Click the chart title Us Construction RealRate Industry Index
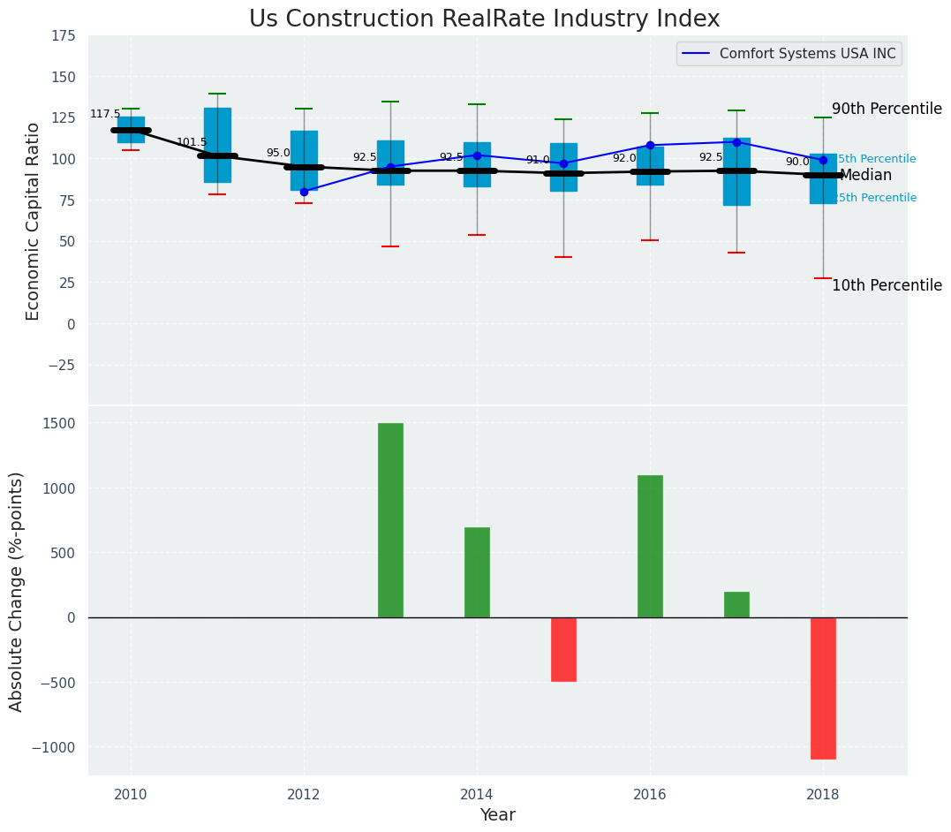[x=484, y=19]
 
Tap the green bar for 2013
[x=390, y=520]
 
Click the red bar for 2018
[x=823, y=688]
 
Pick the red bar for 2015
[x=563, y=649]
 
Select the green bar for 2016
[x=650, y=546]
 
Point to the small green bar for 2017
[x=736, y=604]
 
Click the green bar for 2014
[x=477, y=572]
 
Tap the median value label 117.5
[x=105, y=115]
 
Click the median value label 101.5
[x=192, y=143]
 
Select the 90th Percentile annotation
[x=887, y=110]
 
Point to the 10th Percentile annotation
[x=887, y=286]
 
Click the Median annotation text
[x=865, y=176]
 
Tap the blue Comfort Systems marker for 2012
[x=304, y=192]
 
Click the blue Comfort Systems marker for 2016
[x=650, y=145]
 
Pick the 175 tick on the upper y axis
[x=63, y=36]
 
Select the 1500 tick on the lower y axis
[x=58, y=424]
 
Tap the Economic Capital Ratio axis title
[x=34, y=221]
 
